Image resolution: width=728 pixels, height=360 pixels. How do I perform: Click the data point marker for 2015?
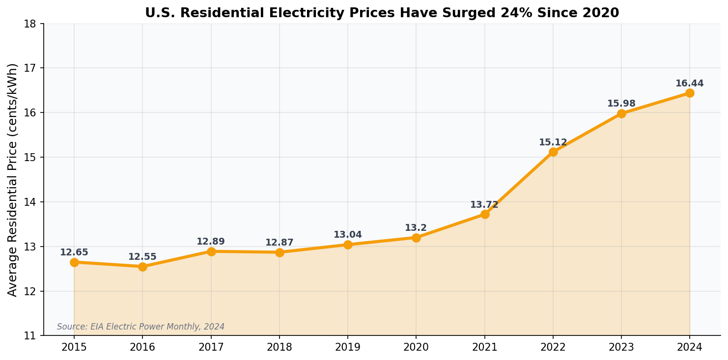[74, 262]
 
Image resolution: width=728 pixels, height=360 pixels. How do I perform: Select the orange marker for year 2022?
[553, 152]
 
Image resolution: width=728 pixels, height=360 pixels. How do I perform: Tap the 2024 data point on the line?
[690, 93]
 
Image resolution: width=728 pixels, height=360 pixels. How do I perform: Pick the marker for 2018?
[280, 252]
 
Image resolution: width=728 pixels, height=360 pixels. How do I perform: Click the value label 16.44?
[690, 83]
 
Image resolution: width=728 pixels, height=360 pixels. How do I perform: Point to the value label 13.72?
[484, 205]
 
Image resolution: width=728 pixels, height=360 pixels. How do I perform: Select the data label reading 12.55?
[142, 257]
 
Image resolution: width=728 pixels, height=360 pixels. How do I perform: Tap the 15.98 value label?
[621, 104]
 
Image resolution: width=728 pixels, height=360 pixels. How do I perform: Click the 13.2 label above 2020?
[416, 228]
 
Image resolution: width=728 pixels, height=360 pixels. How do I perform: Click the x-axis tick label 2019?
[348, 348]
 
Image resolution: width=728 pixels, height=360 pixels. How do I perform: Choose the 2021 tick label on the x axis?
[484, 348]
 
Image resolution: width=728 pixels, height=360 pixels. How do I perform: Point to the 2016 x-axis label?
[142, 348]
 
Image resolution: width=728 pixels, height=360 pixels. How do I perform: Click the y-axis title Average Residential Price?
[13, 179]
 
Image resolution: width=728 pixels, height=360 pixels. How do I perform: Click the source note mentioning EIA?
[140, 327]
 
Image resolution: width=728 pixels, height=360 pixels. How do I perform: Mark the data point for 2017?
[211, 251]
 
